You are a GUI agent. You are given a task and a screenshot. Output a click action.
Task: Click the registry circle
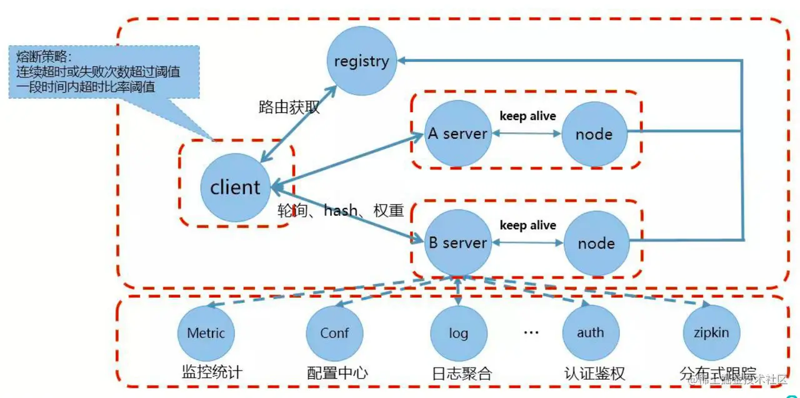362,61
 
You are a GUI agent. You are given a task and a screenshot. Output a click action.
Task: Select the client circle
235,187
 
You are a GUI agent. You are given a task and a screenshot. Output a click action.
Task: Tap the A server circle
457,133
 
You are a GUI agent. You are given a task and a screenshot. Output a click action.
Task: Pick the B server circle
457,243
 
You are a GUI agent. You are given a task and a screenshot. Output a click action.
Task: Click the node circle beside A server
594,134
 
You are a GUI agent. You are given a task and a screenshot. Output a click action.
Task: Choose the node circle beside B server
596,243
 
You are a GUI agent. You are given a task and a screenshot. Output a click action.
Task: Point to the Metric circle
206,333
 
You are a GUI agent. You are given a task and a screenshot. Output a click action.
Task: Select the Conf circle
334,333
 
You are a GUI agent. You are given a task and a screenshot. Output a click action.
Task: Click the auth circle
591,333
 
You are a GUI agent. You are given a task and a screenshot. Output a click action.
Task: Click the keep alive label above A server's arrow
528,116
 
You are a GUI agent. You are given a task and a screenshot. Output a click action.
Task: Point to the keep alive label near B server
528,225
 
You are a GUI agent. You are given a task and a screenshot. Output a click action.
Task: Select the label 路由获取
289,107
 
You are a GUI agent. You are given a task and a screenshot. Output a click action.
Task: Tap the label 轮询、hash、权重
341,210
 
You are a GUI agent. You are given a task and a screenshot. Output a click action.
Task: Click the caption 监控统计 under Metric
211,373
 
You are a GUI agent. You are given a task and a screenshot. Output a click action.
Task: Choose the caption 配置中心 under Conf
337,374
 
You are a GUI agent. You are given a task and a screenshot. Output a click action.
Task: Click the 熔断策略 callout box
104,71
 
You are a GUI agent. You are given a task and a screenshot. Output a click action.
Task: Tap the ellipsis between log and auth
531,332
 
